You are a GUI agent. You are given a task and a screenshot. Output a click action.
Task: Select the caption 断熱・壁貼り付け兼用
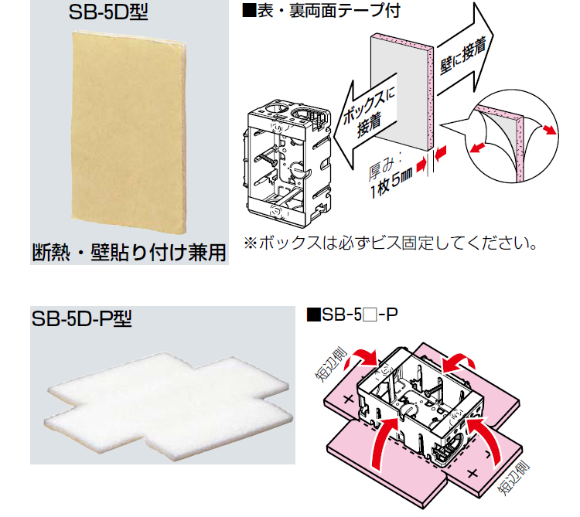coord(128,251)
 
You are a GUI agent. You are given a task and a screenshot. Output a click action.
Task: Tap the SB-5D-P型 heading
coord(82,318)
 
